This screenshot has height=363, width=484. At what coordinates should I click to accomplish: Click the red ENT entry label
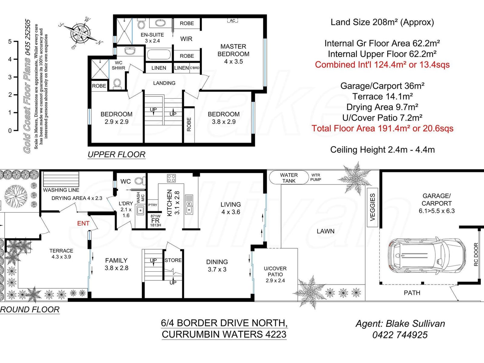coord(83,223)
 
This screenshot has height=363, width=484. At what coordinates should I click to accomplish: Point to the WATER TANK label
coord(289,178)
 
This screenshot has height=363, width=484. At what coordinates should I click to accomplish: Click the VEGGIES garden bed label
coord(373,207)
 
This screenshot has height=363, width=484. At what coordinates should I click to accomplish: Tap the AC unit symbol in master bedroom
coord(232,21)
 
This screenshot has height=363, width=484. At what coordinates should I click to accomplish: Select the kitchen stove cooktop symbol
coord(171,178)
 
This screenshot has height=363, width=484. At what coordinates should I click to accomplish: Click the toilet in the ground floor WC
coord(139,181)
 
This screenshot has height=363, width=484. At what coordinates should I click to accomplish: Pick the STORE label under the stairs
coord(173,260)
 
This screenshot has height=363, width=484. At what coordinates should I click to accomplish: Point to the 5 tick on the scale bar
coord(10,41)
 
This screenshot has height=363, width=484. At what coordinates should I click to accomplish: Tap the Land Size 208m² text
coord(382,22)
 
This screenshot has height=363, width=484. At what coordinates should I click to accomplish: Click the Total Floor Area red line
coord(382,128)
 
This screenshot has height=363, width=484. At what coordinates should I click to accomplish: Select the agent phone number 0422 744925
coord(400,335)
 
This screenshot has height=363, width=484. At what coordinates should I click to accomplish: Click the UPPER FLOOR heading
coord(116,155)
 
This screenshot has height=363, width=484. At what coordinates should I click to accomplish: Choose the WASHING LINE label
coord(61,190)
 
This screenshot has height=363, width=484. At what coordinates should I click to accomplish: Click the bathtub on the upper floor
coord(159,55)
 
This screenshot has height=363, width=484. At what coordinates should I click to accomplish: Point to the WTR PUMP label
coord(316,177)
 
